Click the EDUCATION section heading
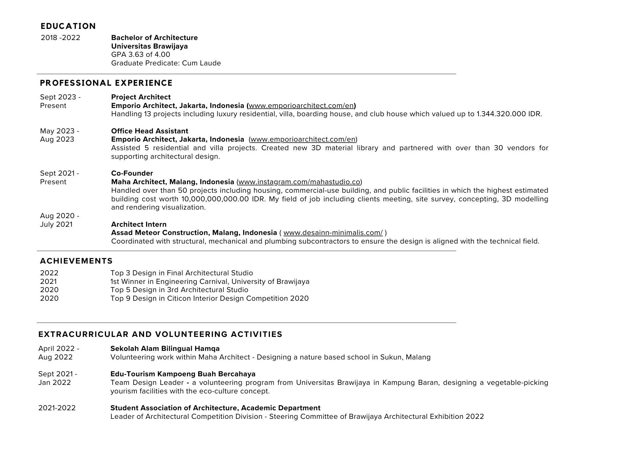[x=68, y=26]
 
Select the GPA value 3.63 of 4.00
[x=141, y=55]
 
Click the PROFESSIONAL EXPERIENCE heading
[x=106, y=83]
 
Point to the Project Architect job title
[x=141, y=97]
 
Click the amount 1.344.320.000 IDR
[x=509, y=114]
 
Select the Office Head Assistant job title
[x=150, y=131]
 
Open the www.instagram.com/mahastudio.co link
[x=299, y=182]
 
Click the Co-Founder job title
[x=132, y=173]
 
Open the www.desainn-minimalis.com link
[x=333, y=233]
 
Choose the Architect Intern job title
[x=139, y=224]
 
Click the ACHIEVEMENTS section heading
[x=77, y=261]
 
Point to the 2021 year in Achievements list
[x=49, y=282]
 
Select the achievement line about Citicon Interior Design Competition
[x=210, y=298]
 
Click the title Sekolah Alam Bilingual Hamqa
[x=165, y=349]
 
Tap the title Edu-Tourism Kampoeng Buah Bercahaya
[x=183, y=374]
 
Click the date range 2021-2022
[x=57, y=408]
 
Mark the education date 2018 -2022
[x=61, y=38]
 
